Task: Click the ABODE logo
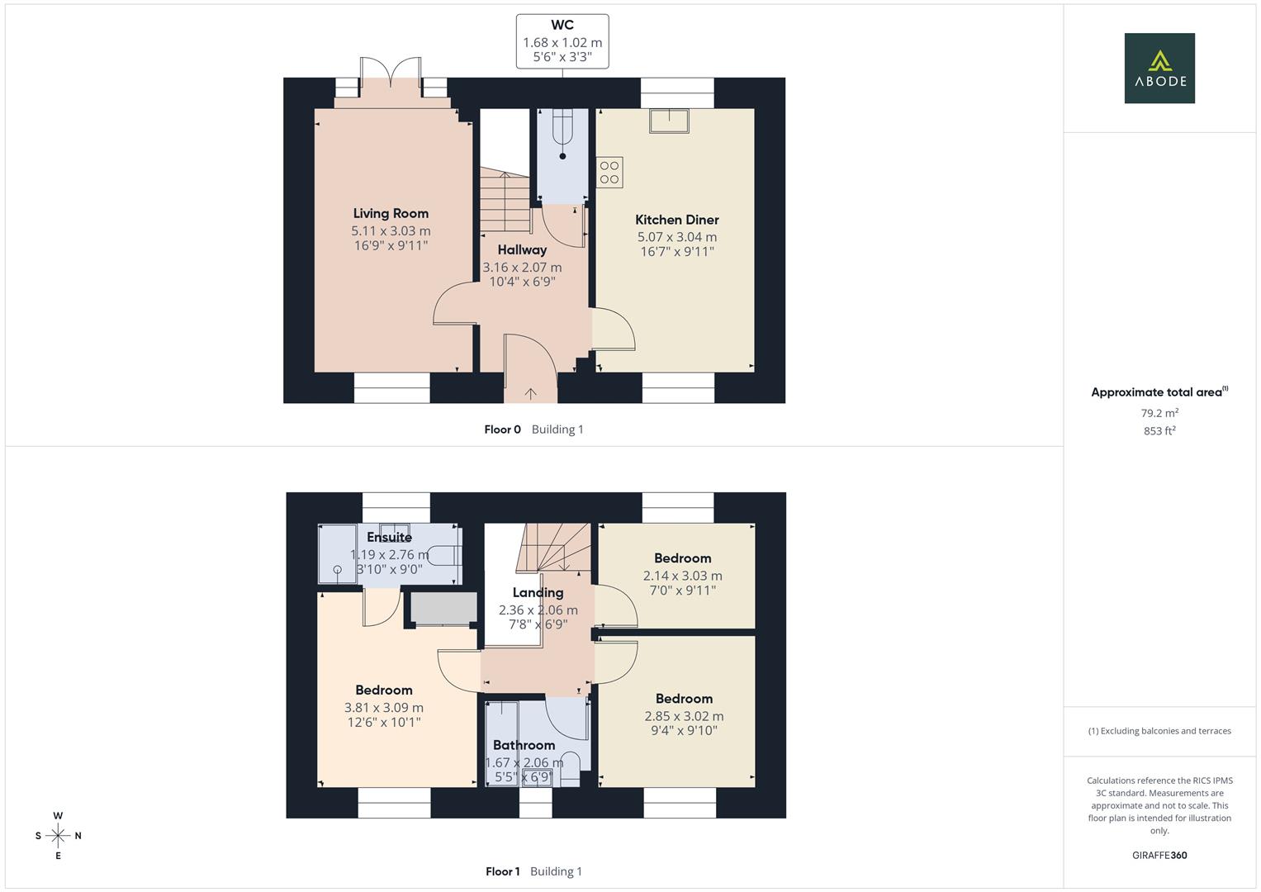click(1159, 68)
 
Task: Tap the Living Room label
click(391, 213)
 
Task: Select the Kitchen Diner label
click(676, 220)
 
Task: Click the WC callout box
click(562, 41)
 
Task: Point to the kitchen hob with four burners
click(609, 173)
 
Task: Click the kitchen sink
click(669, 121)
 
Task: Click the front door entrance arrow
click(530, 393)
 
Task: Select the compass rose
click(58, 836)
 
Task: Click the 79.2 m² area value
click(1159, 413)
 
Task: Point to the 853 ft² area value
click(1159, 431)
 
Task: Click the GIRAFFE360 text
click(1159, 856)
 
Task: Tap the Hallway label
click(522, 249)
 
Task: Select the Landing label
click(538, 592)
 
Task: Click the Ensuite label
click(389, 537)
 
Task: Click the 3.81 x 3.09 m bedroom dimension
click(383, 708)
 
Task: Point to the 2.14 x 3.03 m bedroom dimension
click(682, 576)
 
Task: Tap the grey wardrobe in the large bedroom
click(443, 607)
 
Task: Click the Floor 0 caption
click(502, 429)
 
